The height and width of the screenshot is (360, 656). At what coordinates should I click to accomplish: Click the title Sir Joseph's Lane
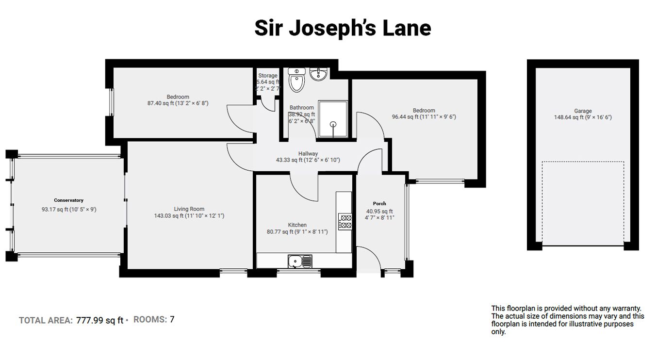343,28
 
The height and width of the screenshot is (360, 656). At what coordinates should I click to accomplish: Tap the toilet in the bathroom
296,80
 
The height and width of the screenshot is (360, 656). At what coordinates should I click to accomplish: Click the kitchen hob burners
344,221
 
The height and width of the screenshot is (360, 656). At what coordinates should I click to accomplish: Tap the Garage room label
583,111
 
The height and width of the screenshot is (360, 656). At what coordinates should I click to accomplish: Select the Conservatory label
68,200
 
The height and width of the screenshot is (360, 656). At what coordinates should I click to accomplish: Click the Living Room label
189,209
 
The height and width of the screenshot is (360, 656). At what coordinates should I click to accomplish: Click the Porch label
379,203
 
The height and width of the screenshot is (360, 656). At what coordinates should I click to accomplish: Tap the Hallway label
308,153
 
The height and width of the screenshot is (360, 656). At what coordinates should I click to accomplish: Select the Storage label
268,76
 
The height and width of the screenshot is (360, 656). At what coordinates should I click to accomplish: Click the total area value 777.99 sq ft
99,320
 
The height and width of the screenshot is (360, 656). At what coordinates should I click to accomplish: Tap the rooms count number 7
172,320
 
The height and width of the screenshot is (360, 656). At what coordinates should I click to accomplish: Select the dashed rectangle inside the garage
583,204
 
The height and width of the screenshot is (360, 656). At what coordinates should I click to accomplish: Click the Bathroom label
302,108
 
